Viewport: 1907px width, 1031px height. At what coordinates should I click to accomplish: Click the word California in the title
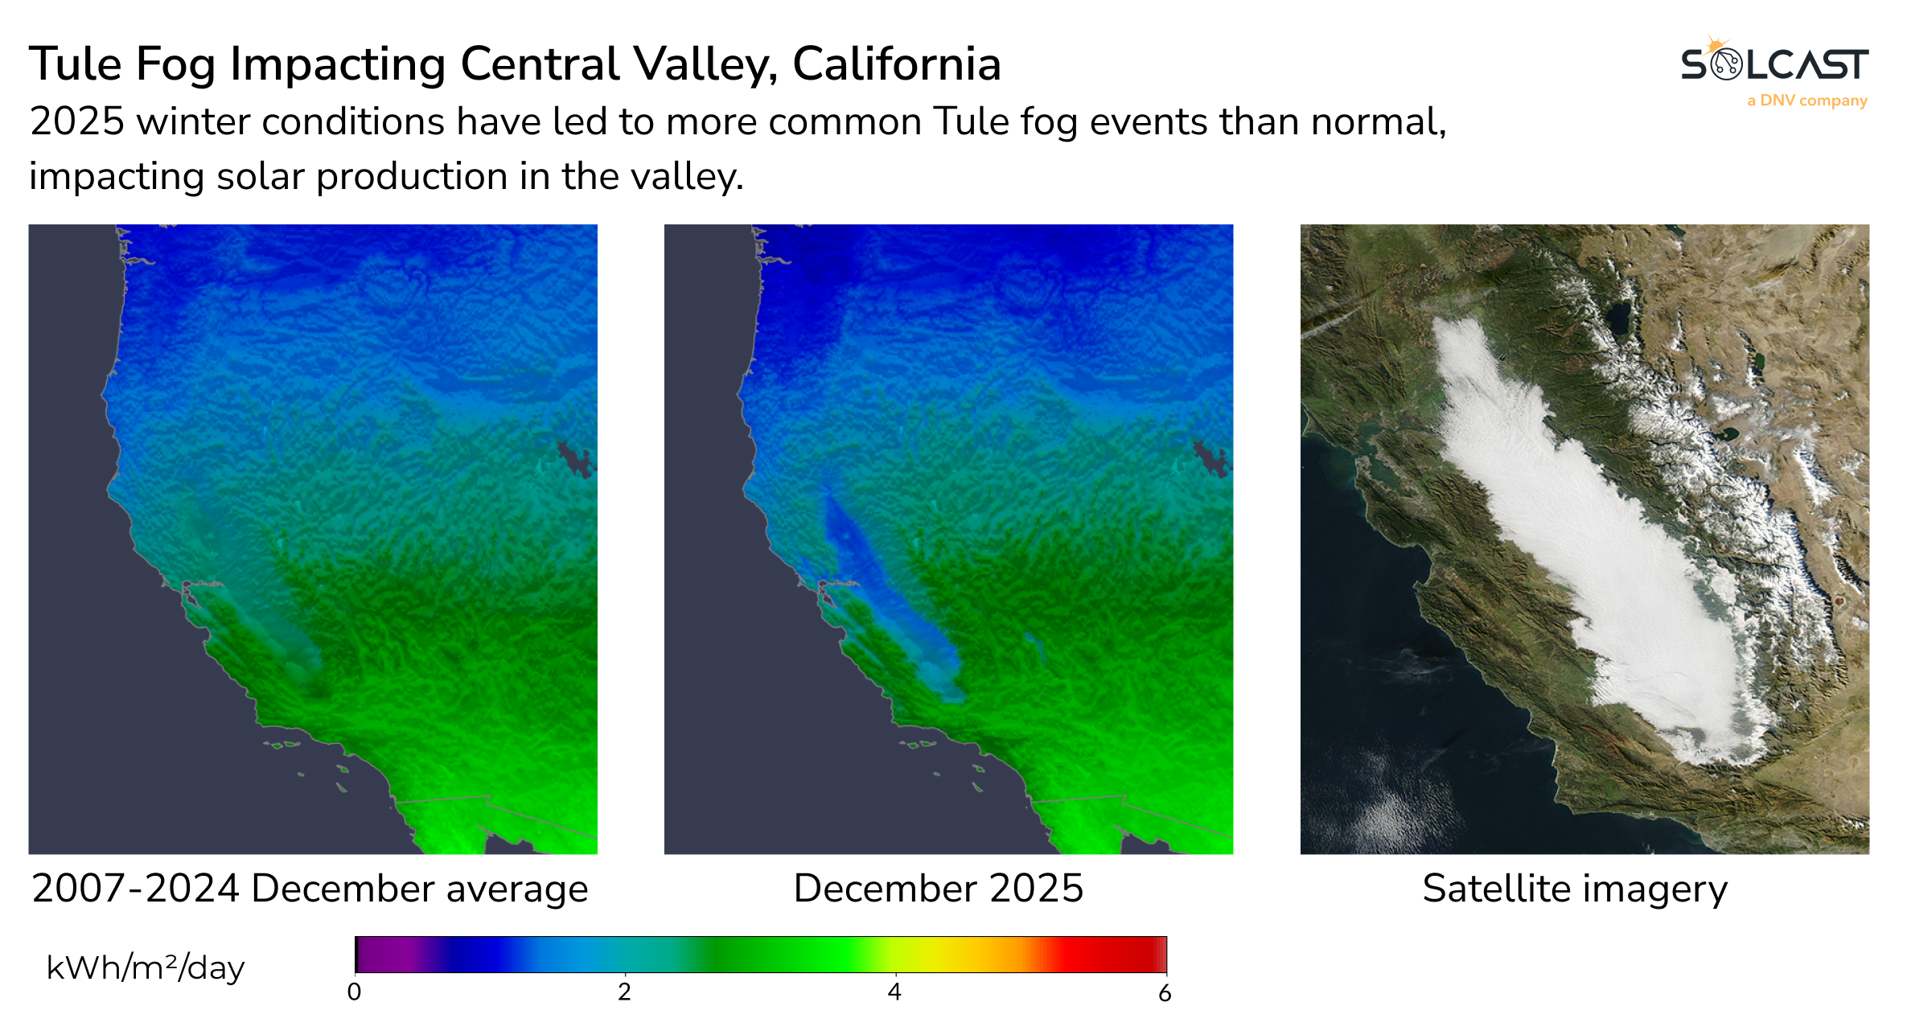[896, 64]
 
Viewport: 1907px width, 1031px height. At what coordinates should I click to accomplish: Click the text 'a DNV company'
[1806, 101]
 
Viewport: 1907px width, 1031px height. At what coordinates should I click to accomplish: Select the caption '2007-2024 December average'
[310, 889]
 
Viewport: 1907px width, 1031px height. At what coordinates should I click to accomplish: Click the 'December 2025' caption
[938, 889]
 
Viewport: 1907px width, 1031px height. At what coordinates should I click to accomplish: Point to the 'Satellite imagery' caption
[1574, 889]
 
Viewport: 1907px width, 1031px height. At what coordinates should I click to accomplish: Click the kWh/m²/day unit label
[145, 967]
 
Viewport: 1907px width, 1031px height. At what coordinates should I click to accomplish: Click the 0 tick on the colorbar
[354, 992]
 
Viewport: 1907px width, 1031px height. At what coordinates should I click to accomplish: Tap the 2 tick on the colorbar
[624, 992]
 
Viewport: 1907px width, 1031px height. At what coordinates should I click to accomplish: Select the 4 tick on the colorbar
[894, 992]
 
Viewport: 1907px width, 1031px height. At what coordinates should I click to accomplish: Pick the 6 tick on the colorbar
[1165, 994]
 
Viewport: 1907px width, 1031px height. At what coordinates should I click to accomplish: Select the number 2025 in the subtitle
[77, 122]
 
